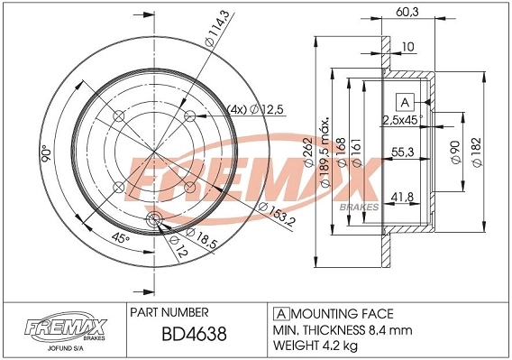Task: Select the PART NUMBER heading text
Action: coord(170,313)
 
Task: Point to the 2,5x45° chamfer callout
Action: coord(402,119)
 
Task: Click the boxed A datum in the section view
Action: coord(405,101)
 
